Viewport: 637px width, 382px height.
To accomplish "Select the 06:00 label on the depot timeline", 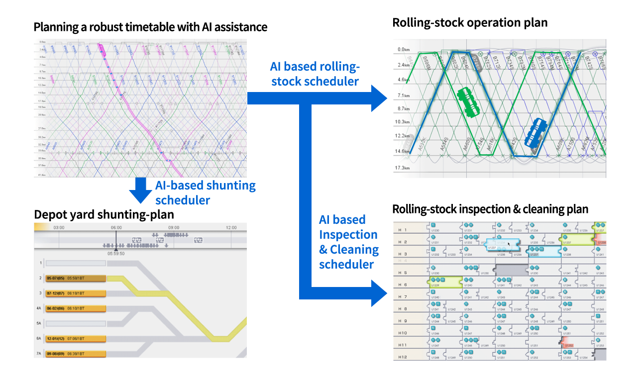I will (116, 227).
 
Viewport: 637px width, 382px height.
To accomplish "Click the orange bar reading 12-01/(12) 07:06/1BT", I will (76, 339).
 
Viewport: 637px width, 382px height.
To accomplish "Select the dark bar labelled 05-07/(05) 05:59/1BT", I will (76, 278).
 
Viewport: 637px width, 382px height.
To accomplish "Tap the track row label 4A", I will (39, 308).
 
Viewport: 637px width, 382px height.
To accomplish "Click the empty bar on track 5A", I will (76, 323).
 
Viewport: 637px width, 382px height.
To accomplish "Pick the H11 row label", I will (403, 345).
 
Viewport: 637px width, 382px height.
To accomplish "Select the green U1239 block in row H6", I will (445, 282).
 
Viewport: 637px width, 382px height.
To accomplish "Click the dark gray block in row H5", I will (511, 270).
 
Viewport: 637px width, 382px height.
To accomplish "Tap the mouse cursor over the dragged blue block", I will (509, 245).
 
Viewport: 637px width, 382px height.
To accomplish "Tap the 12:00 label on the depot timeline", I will (230, 227).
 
